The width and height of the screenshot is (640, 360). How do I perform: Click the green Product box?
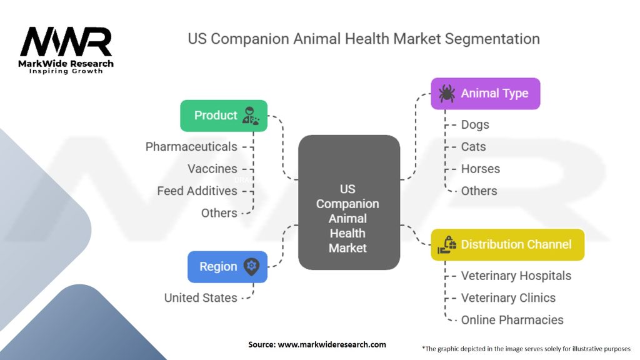coord(224,116)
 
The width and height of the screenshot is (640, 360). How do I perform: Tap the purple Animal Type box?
coord(485,94)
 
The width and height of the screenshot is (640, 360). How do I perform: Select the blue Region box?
coord(227,266)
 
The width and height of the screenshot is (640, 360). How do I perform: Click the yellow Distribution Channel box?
coord(507,244)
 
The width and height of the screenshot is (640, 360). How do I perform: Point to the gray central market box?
coord(349,202)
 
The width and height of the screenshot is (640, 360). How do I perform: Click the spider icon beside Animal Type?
coord(447,94)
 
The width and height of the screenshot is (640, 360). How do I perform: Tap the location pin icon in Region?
coord(251,266)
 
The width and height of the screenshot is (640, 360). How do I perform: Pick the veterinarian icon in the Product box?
coord(250,116)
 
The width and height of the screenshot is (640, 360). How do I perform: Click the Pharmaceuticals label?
coord(191,147)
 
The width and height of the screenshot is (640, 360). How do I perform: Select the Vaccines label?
coord(212,169)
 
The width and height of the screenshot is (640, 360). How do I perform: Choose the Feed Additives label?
coord(197,191)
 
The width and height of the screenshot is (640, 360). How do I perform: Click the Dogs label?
coord(475,125)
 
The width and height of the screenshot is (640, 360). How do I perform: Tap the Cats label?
coord(474,147)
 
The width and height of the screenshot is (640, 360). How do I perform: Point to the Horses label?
coord(481,169)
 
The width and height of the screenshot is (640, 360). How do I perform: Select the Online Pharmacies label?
coord(512,320)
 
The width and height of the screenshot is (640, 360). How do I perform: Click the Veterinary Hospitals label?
coord(516,276)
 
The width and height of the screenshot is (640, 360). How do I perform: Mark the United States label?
coord(201,298)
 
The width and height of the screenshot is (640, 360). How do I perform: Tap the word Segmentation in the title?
coord(492,39)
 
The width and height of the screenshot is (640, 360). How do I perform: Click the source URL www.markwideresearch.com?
coord(332,344)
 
